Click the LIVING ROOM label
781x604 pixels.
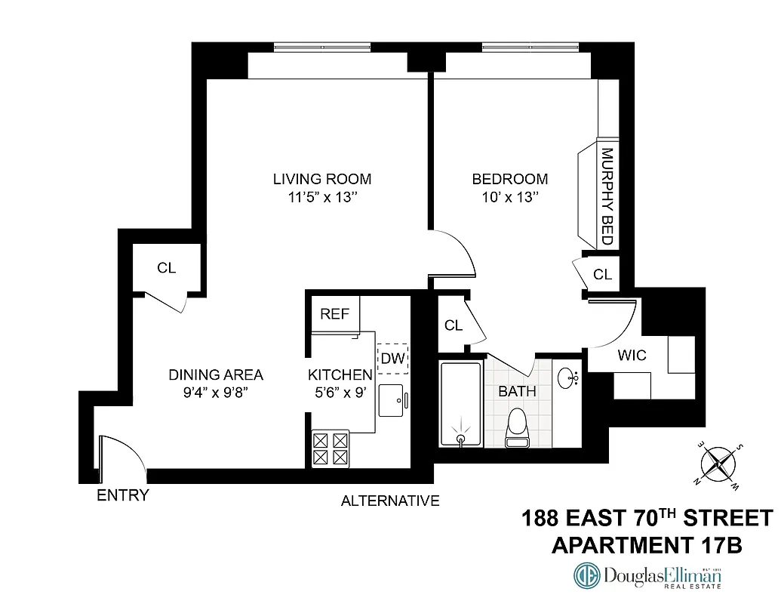pos(322,179)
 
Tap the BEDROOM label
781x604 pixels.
pos(509,179)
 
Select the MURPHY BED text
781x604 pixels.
pos(606,196)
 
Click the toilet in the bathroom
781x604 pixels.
pos(518,427)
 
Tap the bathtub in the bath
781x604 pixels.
pos(460,404)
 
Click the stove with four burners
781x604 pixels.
pos(331,448)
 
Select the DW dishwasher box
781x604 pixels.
pos(392,358)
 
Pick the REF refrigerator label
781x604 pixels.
pos(335,314)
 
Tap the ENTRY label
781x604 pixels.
pos(123,496)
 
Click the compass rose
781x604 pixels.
pos(719,464)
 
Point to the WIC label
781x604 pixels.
pos(632,355)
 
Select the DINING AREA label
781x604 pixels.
pos(216,374)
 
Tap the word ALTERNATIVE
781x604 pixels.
pos(390,501)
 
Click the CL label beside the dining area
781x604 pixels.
pos(166,268)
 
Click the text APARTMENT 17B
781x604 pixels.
pos(647,545)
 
